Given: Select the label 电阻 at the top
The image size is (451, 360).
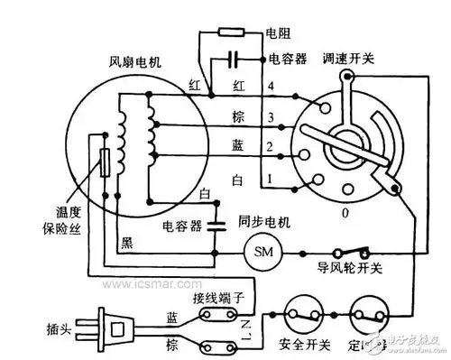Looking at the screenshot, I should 277,33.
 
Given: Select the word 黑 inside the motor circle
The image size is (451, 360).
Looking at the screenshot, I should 127,241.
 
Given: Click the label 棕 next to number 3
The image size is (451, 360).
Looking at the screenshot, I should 239,117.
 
